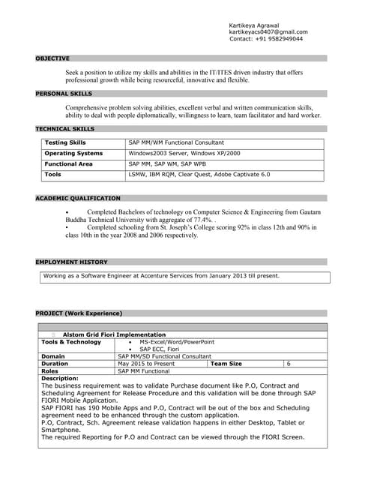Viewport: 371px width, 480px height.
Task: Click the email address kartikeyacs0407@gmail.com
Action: (x=268, y=32)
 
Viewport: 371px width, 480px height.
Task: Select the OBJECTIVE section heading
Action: (x=52, y=58)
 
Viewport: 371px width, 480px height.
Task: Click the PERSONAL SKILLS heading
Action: (x=64, y=94)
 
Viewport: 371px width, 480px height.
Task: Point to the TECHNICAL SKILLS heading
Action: (x=64, y=129)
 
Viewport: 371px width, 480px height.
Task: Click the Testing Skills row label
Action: (x=65, y=142)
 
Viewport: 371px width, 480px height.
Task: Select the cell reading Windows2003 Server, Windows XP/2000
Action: (x=184, y=153)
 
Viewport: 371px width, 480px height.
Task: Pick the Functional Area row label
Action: (x=69, y=163)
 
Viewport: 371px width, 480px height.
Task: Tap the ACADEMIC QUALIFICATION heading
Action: (x=77, y=198)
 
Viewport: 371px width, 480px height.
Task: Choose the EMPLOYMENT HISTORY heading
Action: (x=71, y=262)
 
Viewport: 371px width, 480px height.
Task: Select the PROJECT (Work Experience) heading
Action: (x=79, y=313)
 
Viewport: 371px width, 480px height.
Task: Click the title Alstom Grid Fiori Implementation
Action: (x=114, y=334)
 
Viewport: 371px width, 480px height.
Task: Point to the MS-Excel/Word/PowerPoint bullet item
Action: (x=177, y=342)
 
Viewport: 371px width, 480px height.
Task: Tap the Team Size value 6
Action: (x=289, y=364)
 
